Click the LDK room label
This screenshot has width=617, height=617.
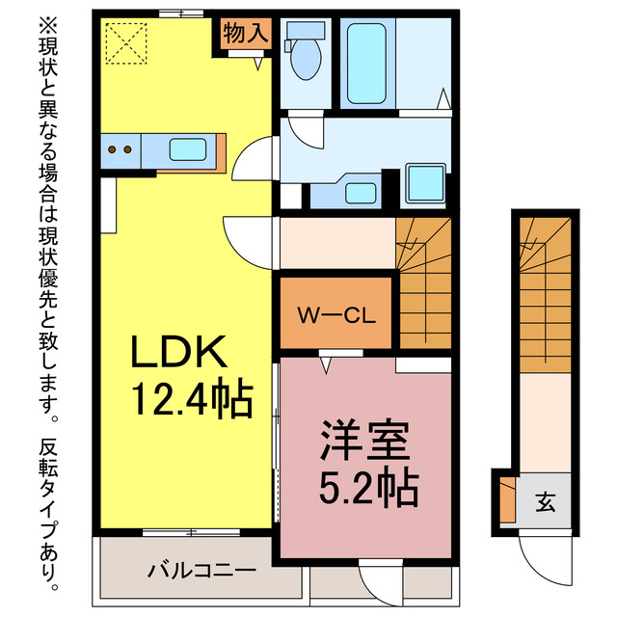(x=180, y=352)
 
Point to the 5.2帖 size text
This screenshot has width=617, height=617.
(x=369, y=488)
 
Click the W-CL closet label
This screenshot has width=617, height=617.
(x=335, y=315)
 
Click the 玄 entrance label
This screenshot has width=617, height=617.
(x=545, y=501)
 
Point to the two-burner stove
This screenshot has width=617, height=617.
(x=121, y=149)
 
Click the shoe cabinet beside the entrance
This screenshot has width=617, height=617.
(x=507, y=502)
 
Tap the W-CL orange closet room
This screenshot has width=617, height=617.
(x=335, y=313)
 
